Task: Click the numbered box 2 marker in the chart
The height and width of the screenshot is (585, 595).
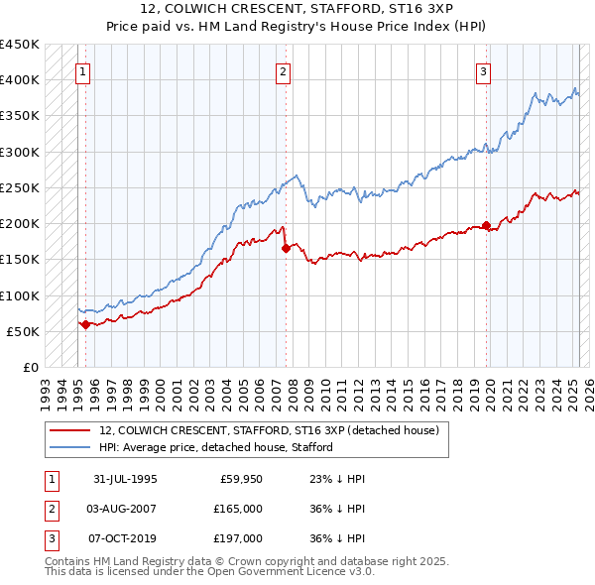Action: tap(284, 70)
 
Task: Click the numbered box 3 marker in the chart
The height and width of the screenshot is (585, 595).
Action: tap(483, 70)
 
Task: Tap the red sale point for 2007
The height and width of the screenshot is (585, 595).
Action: tap(286, 249)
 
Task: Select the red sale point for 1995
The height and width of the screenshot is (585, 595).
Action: tap(85, 324)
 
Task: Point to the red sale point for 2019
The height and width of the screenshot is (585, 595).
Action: tap(486, 225)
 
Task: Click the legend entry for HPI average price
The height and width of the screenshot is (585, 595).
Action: tap(215, 447)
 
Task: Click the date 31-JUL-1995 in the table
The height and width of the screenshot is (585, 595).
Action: tap(125, 479)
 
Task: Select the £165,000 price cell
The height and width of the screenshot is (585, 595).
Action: tap(237, 509)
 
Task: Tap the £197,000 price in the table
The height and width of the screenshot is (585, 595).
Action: tap(237, 538)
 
